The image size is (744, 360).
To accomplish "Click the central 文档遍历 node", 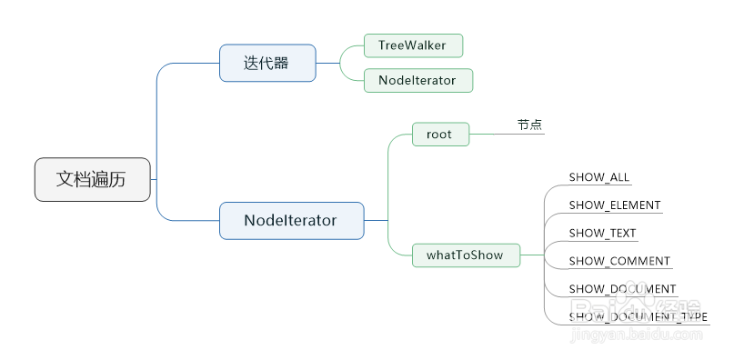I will click(92, 179).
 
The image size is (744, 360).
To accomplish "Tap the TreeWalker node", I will click(413, 45).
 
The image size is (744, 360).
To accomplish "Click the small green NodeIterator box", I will click(417, 80).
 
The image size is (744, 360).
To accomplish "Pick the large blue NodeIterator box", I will click(291, 220).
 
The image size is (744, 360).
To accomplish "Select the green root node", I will click(439, 135).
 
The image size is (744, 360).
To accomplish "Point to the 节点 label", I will click(529, 125).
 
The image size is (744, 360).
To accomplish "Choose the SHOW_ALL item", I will click(598, 177).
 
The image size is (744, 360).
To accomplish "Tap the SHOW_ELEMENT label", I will click(615, 205).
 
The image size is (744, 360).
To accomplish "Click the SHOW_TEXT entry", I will click(602, 234).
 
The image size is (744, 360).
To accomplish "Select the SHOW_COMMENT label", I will click(619, 262).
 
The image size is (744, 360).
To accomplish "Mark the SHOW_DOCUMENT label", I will click(622, 289).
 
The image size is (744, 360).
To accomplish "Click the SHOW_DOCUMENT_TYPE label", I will click(638, 317).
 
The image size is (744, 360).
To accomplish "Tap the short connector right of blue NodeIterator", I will click(376, 220).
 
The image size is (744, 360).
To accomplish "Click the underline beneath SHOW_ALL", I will click(600, 185).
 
